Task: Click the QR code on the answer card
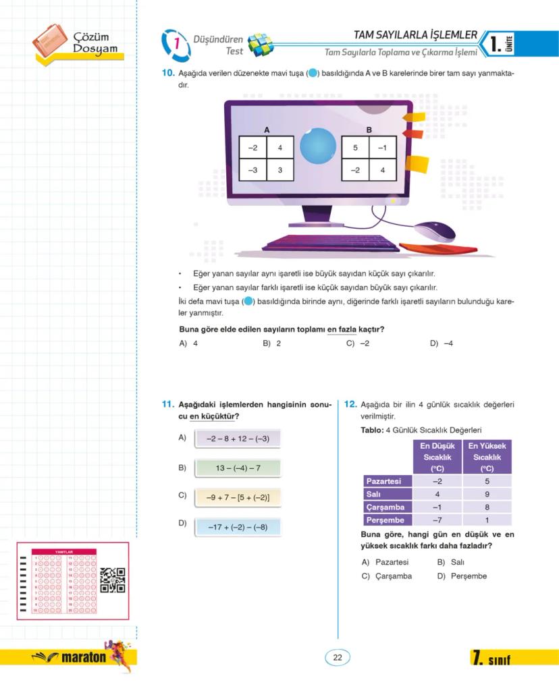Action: click(x=113, y=580)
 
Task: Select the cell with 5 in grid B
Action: click(x=355, y=147)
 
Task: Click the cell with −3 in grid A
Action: click(x=252, y=170)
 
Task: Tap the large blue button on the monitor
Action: click(x=317, y=147)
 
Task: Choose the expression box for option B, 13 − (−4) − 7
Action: click(x=238, y=468)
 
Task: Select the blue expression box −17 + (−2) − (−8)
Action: click(x=238, y=527)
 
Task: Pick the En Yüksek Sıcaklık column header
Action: click(x=487, y=457)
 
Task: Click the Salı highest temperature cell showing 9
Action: click(x=487, y=494)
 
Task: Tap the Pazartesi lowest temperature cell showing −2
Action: click(x=437, y=481)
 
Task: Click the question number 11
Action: click(x=167, y=405)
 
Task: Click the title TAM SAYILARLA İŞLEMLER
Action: click(x=415, y=35)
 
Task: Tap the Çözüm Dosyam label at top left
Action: click(x=95, y=43)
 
